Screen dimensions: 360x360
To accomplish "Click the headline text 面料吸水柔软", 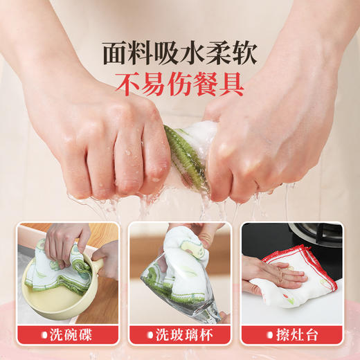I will click(x=180, y=53).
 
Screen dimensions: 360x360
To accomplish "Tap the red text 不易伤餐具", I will click(x=180, y=85).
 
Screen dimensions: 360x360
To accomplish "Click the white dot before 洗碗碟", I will click(x=44, y=336).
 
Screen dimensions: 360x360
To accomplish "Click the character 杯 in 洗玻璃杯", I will click(x=207, y=336).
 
